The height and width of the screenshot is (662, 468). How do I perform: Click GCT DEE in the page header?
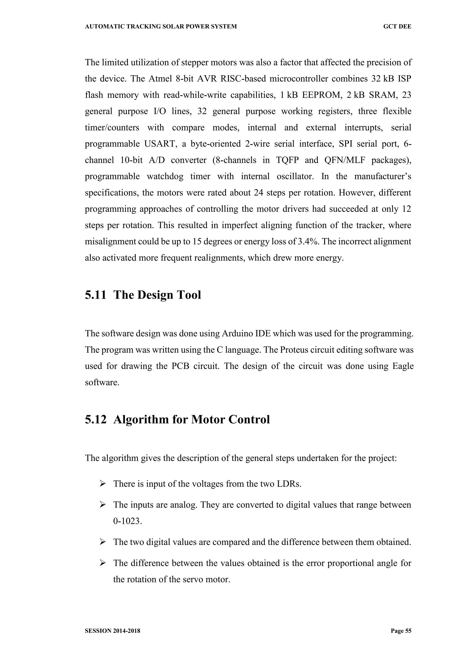click(x=397, y=27)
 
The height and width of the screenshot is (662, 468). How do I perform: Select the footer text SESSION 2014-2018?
click(x=112, y=631)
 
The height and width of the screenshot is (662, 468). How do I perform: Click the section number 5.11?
click(x=95, y=295)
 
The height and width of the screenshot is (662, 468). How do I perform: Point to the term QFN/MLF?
click(x=344, y=160)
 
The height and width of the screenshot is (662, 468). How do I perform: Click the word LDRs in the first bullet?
click(x=289, y=484)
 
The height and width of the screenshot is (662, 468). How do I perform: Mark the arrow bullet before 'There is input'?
click(x=103, y=484)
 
